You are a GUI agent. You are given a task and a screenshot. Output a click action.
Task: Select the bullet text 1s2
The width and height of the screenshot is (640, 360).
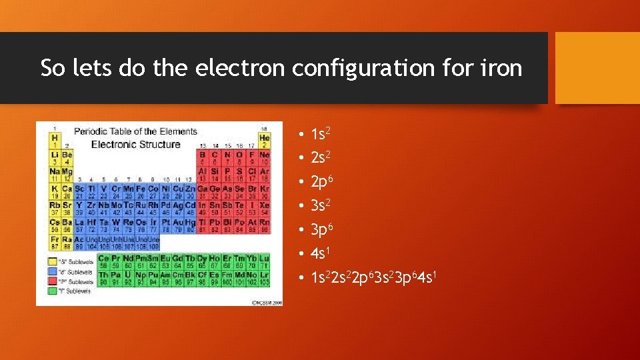[320, 134]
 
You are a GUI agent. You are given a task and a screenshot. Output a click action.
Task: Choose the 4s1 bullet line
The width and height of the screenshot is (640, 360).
[320, 254]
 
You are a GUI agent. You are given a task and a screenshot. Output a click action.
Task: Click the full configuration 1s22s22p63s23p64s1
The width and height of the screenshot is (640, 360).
[373, 277]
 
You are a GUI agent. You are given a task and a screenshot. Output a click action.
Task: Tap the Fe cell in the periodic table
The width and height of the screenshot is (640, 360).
[141, 191]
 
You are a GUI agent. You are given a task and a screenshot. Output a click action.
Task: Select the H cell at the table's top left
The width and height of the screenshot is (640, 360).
[55, 141]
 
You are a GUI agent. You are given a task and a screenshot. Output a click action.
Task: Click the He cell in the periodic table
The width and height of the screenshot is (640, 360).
[265, 141]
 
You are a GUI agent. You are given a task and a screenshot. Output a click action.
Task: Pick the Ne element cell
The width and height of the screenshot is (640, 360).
[265, 157]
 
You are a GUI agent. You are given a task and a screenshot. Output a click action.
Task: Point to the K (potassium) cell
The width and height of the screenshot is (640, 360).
[55, 191]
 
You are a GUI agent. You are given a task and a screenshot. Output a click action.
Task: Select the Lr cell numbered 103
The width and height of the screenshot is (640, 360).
[265, 277]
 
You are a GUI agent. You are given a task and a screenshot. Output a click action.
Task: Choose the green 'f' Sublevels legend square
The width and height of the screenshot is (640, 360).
[51, 291]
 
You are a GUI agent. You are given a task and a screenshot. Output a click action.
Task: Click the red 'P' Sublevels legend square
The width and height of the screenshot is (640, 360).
[51, 281]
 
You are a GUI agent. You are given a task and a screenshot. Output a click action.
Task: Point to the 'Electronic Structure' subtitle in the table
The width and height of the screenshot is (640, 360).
[135, 144]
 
